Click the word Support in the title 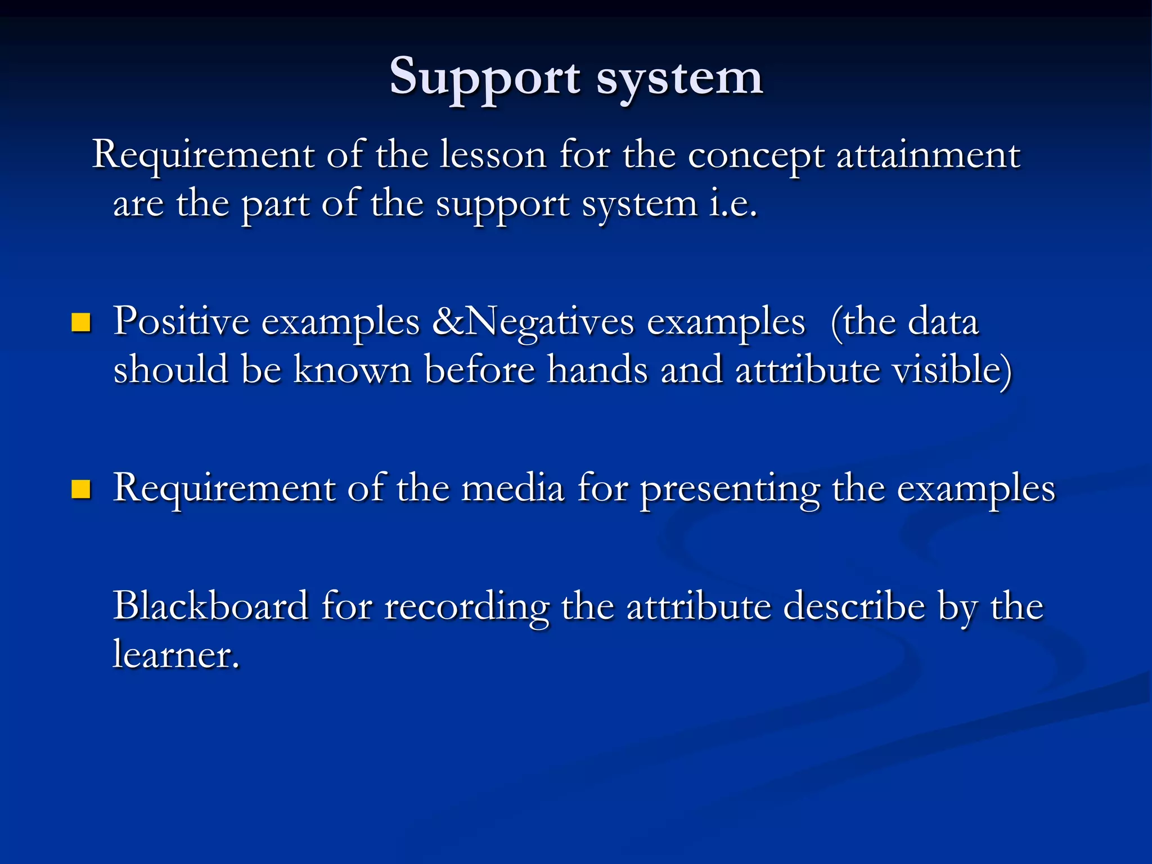point(485,78)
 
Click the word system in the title point(679,79)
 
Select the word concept point(756,156)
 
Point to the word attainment point(928,155)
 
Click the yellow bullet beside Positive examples point(81,323)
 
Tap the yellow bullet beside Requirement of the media point(81,489)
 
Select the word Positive point(181,322)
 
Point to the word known point(352,370)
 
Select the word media point(512,488)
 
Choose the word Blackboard point(211,606)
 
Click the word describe point(854,606)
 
